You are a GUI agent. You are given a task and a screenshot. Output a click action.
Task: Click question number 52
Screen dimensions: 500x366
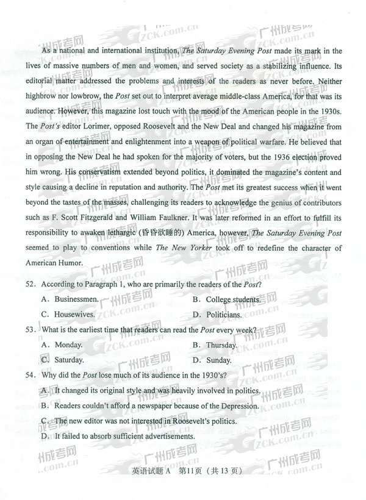click(x=31, y=285)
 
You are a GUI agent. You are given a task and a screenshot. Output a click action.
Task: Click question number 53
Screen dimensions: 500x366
click(x=31, y=330)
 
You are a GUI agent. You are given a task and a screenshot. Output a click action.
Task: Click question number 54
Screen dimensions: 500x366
click(x=31, y=375)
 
